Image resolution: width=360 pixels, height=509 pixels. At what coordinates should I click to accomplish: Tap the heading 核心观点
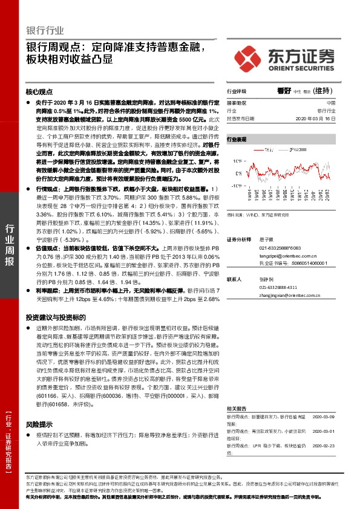click(x=39, y=91)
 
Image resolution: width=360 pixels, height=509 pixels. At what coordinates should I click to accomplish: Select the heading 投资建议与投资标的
click(x=56, y=317)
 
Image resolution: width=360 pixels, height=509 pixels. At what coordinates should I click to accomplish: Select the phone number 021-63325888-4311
click(x=287, y=288)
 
